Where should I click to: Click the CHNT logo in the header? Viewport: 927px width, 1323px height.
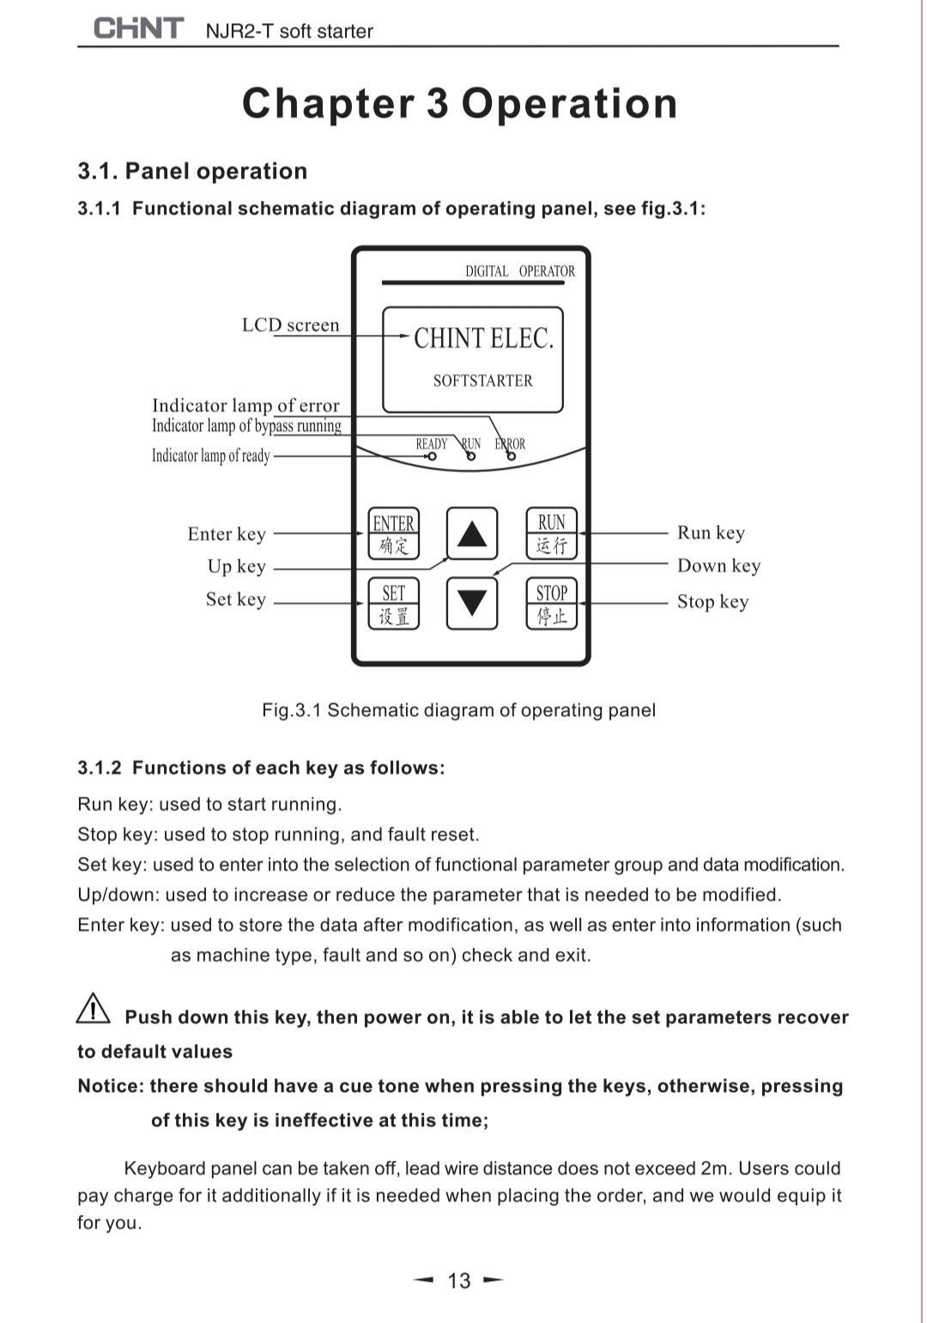click(138, 28)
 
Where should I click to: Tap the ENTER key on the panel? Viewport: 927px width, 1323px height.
click(394, 533)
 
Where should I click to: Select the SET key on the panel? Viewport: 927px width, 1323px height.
click(394, 604)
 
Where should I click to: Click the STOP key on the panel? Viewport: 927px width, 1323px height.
click(552, 604)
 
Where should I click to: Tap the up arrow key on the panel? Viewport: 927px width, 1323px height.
click(472, 534)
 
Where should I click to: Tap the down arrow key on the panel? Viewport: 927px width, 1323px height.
click(472, 604)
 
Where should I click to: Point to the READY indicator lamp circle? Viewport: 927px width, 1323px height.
click(432, 457)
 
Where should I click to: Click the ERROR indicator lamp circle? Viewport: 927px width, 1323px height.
click(512, 457)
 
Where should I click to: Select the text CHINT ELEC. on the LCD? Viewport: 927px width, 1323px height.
click(483, 338)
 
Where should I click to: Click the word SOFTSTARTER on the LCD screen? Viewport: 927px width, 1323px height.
click(482, 380)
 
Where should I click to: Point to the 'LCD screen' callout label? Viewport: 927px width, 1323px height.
click(290, 325)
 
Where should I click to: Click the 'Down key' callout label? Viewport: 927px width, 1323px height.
click(718, 566)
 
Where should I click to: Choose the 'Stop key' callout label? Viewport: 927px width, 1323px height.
click(712, 601)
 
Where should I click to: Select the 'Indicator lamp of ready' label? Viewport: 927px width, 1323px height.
click(211, 456)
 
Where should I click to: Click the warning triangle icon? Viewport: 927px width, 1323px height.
click(93, 1009)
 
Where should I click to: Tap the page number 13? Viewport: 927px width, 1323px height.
click(459, 1281)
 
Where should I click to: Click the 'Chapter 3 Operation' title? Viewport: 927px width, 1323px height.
click(460, 103)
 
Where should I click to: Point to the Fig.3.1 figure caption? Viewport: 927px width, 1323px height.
click(458, 710)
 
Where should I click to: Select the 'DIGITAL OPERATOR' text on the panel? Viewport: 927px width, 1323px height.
click(520, 271)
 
